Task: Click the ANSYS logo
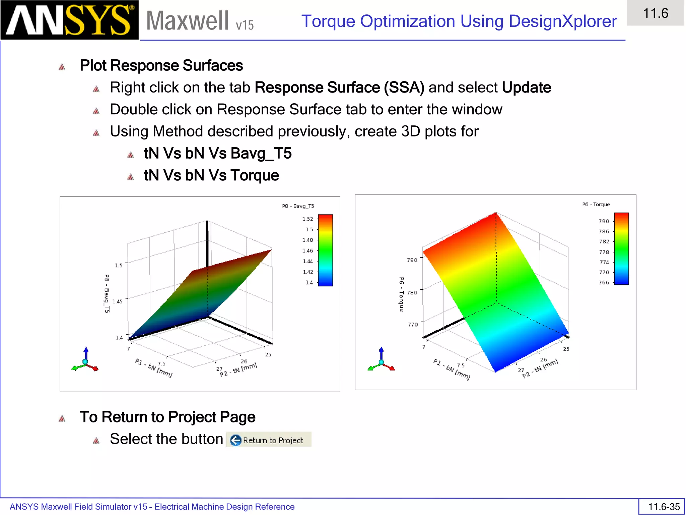(x=69, y=20)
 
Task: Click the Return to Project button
(x=269, y=440)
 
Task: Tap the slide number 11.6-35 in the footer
(x=663, y=507)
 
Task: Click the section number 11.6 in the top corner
(x=655, y=13)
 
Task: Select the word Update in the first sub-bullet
(x=526, y=88)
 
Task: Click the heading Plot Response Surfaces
(x=161, y=65)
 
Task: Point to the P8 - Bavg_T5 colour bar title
(x=298, y=206)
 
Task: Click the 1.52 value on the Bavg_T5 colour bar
(x=307, y=219)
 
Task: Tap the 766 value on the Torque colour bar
(x=604, y=283)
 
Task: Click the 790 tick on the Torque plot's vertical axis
(x=412, y=260)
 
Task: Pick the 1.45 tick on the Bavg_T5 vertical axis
(x=117, y=301)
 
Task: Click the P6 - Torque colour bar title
(x=596, y=205)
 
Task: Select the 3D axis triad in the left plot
(x=85, y=361)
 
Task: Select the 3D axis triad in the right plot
(x=381, y=361)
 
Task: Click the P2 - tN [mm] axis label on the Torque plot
(x=540, y=368)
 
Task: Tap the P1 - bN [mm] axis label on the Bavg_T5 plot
(x=154, y=368)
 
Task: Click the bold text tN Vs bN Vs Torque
(x=211, y=175)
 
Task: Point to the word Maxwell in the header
(x=188, y=21)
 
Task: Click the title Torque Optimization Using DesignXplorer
(x=459, y=21)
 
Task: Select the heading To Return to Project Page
(x=167, y=417)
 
